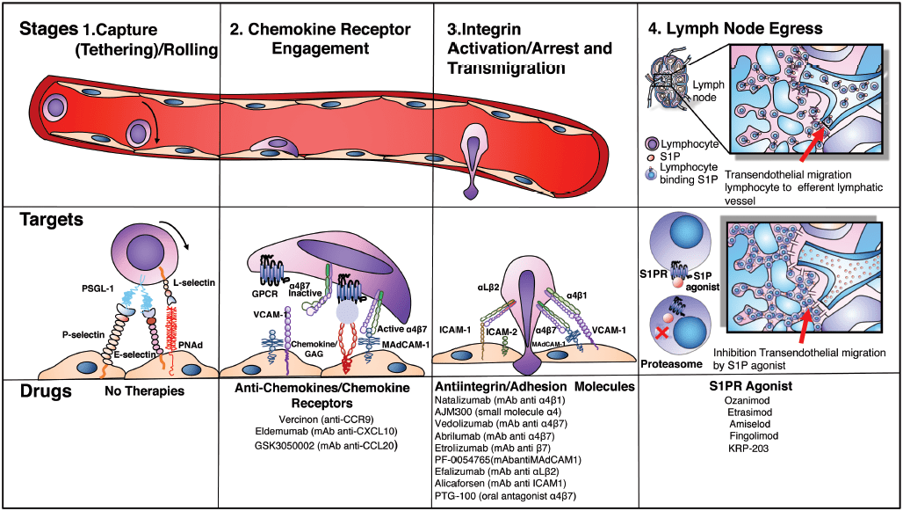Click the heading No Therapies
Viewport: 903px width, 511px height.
[x=145, y=390]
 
